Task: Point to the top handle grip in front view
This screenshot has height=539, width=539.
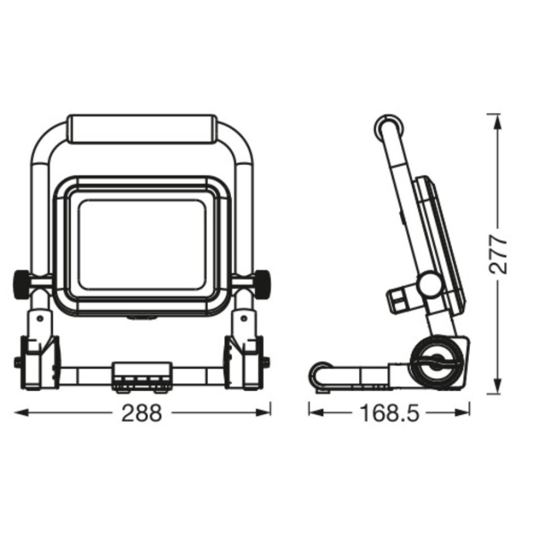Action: (142, 129)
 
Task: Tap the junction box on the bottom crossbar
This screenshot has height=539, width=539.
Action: (142, 377)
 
